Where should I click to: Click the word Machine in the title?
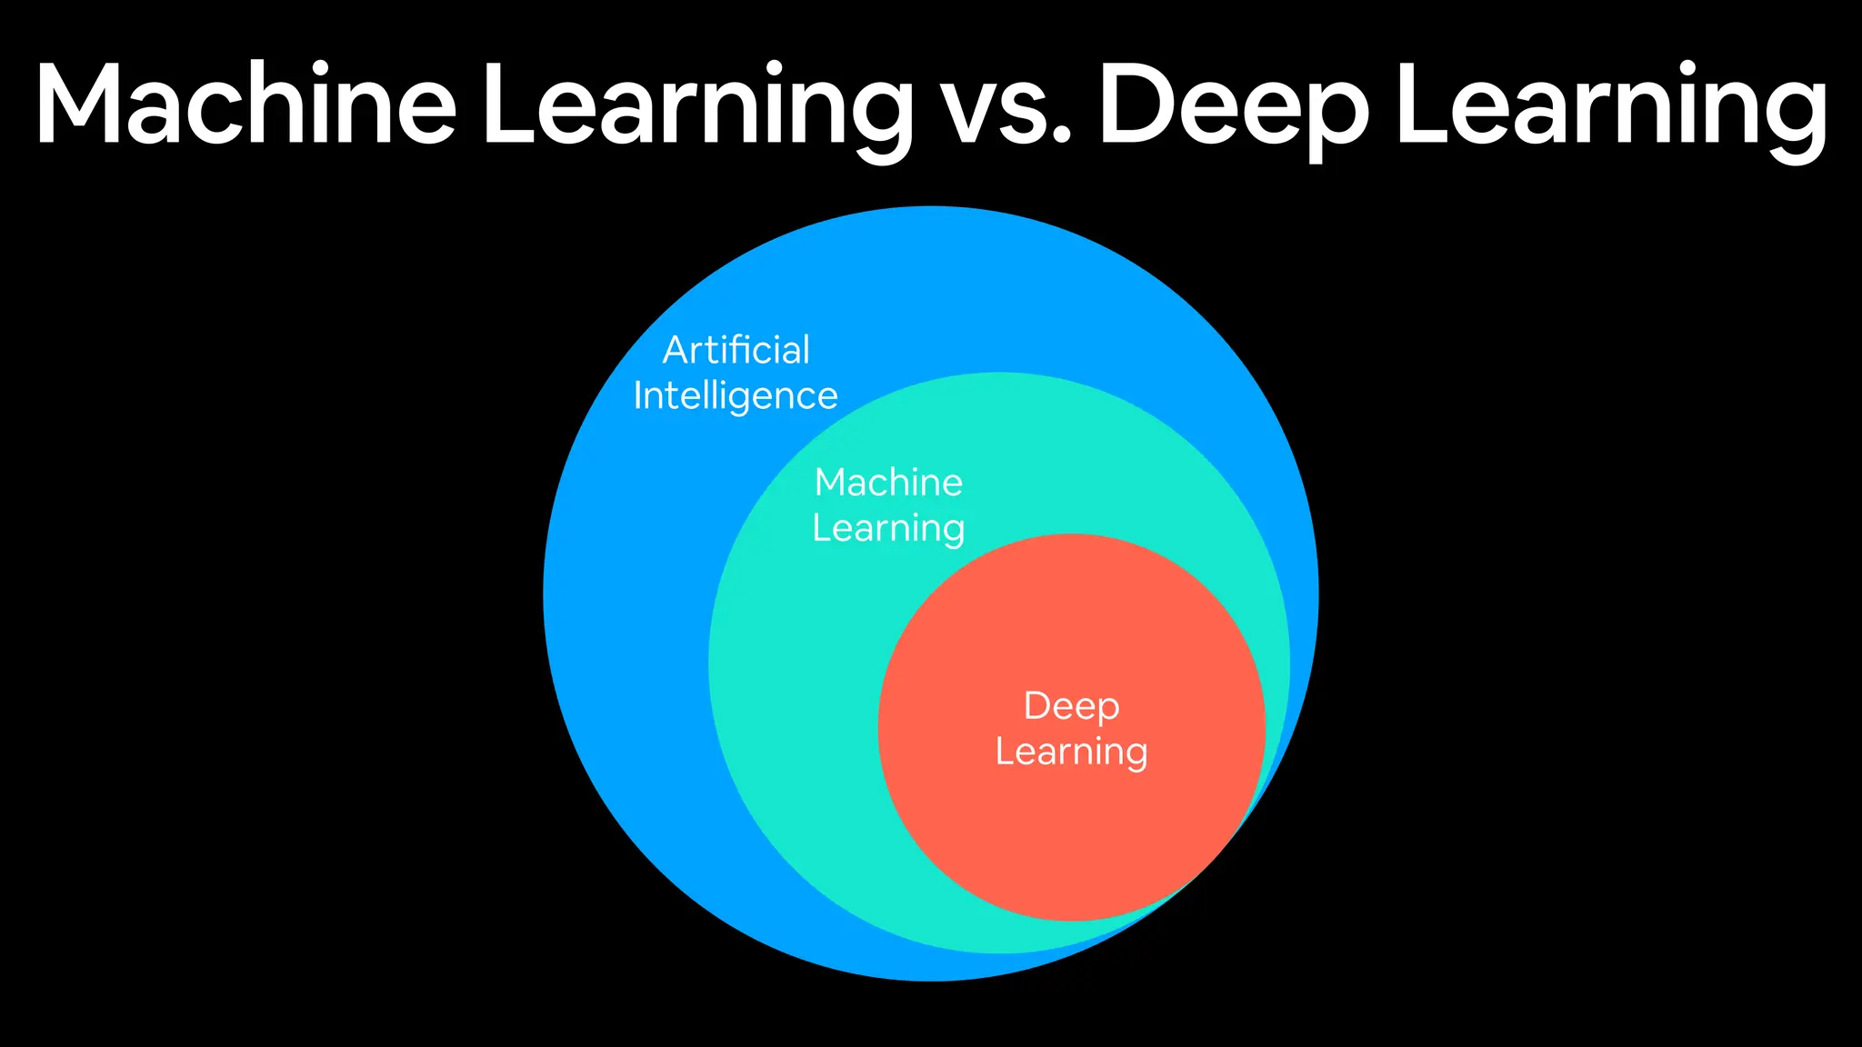(245, 105)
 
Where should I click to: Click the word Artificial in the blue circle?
(736, 350)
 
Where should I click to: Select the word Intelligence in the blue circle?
(736, 396)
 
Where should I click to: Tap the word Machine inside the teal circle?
(888, 483)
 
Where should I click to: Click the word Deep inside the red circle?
(1071, 706)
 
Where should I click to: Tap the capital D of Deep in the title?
(1142, 105)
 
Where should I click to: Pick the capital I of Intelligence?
(638, 395)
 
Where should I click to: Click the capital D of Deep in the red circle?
(1036, 706)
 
